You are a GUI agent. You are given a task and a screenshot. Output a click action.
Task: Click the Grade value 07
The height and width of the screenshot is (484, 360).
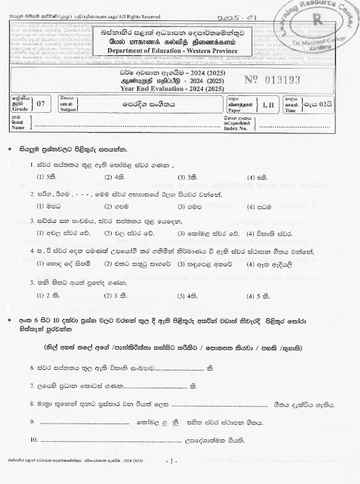[x=41, y=103]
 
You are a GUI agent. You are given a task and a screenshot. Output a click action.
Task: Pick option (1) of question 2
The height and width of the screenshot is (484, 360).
[x=46, y=206]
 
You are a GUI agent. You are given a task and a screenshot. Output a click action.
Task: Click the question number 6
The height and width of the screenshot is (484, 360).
[x=33, y=368]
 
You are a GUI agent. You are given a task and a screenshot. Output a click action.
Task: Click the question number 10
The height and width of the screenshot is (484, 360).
[x=34, y=440]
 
